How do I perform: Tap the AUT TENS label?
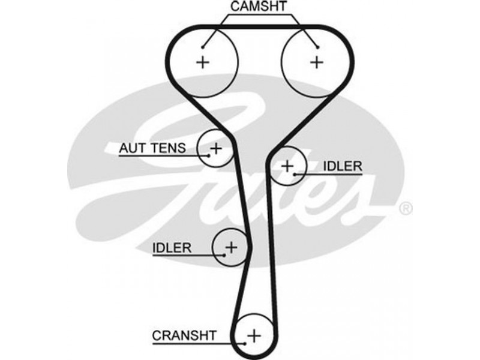pyautogui.click(x=153, y=147)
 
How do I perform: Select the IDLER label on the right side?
pyautogui.click(x=343, y=166)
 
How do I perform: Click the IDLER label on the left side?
pyautogui.click(x=172, y=247)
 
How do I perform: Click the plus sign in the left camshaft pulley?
pyautogui.click(x=203, y=61)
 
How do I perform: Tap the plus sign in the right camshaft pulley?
pyautogui.click(x=316, y=61)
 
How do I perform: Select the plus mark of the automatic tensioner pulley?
pyautogui.click(x=215, y=148)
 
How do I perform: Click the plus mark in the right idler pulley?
pyautogui.click(x=287, y=165)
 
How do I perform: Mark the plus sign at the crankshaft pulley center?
pyautogui.click(x=255, y=334)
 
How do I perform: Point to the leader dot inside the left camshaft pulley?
pyautogui.click(x=204, y=47)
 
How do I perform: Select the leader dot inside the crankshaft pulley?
pyautogui.click(x=245, y=344)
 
